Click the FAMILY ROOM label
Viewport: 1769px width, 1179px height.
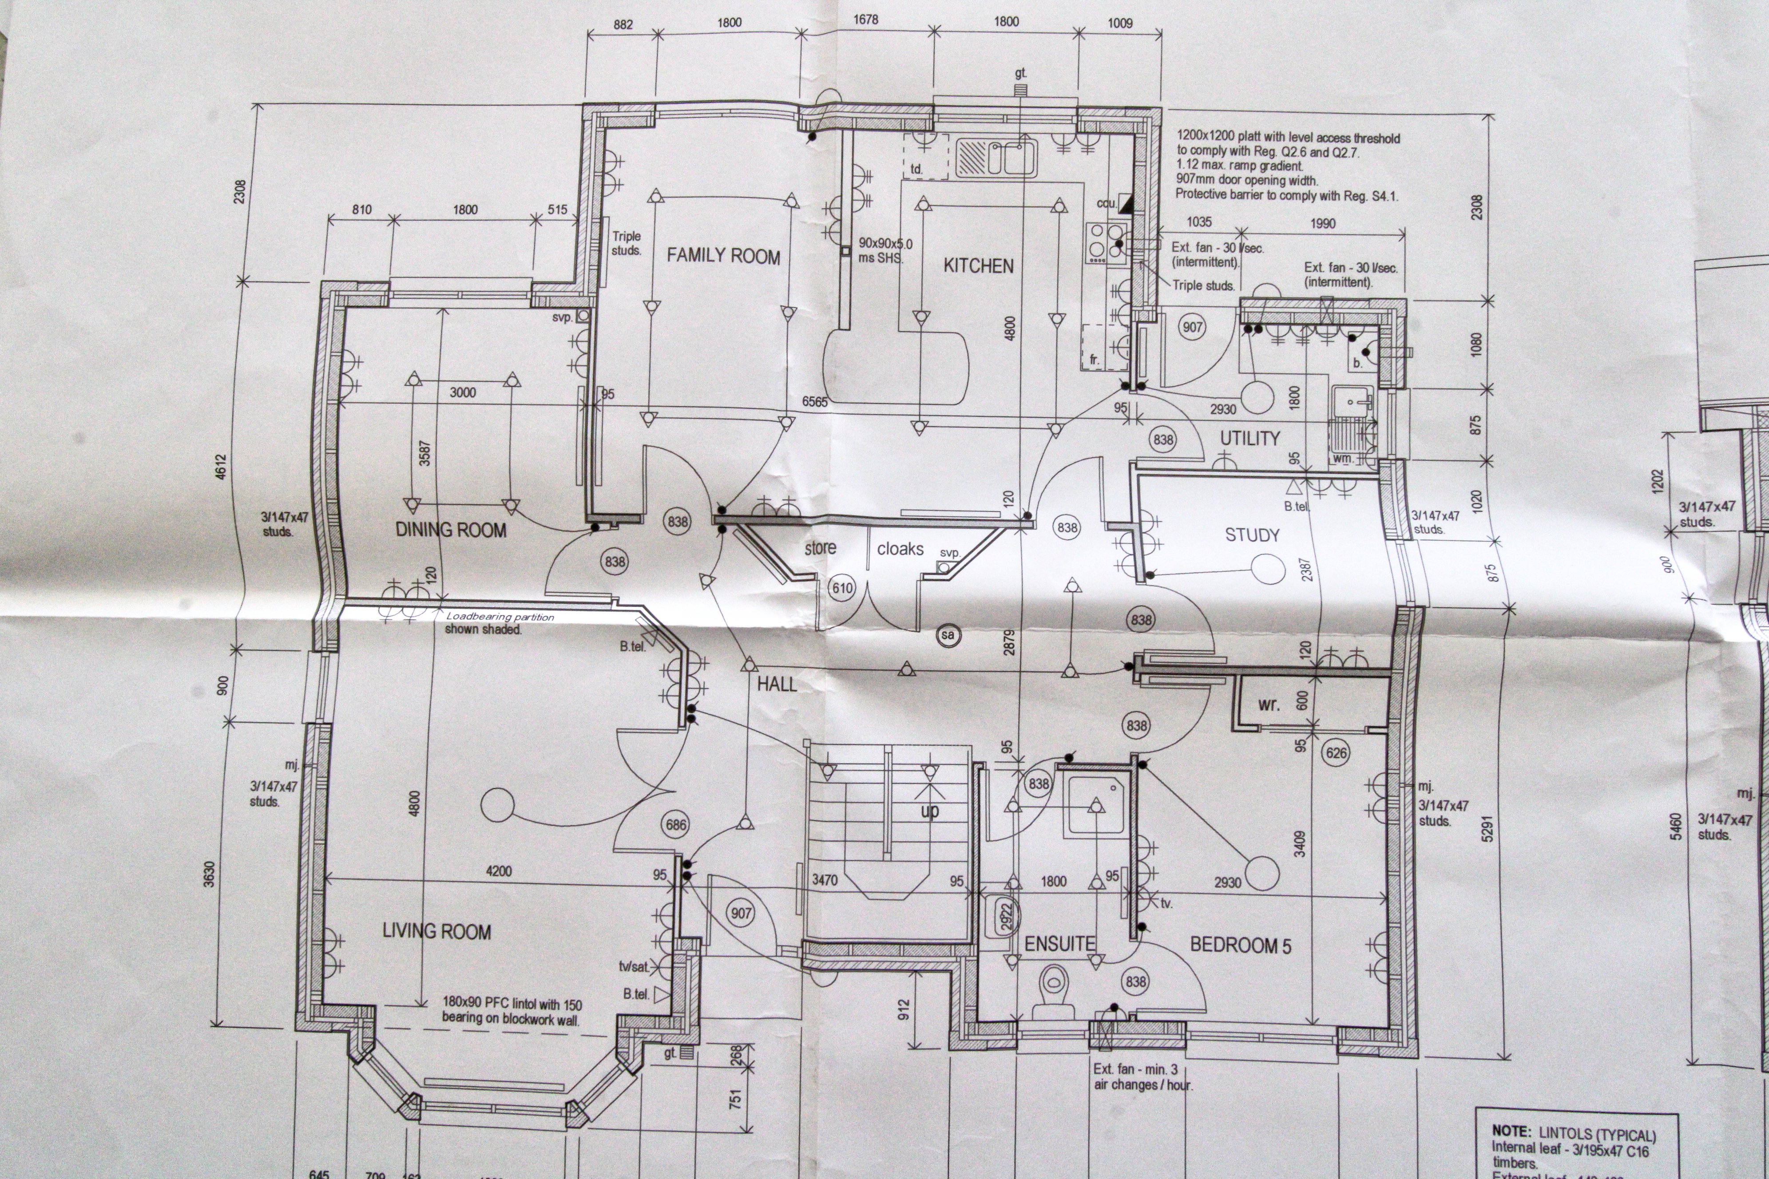point(723,257)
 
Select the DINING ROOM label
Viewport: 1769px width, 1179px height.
point(451,530)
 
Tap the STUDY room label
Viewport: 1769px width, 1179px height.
point(1252,535)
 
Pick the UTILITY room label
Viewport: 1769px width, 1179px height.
point(1249,439)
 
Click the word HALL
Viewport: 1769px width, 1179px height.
point(776,684)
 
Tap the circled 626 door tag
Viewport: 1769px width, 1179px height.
point(1336,753)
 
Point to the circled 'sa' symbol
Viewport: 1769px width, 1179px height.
point(948,635)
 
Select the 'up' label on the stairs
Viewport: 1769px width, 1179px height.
point(930,811)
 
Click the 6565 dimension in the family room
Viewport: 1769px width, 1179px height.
point(814,402)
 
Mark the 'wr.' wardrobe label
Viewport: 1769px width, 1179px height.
point(1268,704)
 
